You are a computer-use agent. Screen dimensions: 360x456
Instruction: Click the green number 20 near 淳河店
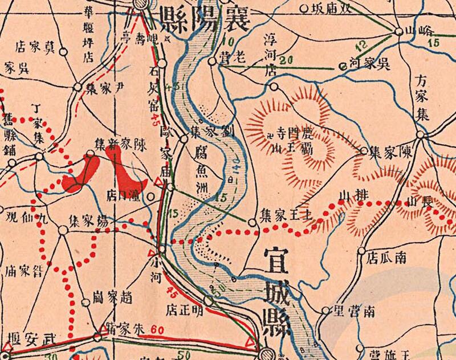point(286,60)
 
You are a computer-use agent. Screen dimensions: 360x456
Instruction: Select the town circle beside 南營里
point(325,311)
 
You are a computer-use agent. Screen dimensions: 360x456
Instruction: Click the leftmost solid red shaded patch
point(81,171)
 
